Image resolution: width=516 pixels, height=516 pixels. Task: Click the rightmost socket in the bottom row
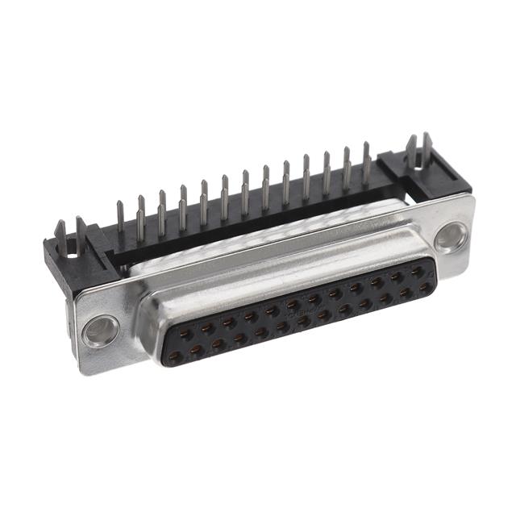point(424,286)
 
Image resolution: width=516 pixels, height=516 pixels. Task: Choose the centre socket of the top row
point(314,298)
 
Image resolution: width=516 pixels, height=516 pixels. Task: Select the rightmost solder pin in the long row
point(366,157)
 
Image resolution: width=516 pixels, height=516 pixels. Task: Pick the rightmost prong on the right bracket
point(427,145)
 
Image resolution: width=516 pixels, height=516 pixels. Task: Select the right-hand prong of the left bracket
point(81,227)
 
